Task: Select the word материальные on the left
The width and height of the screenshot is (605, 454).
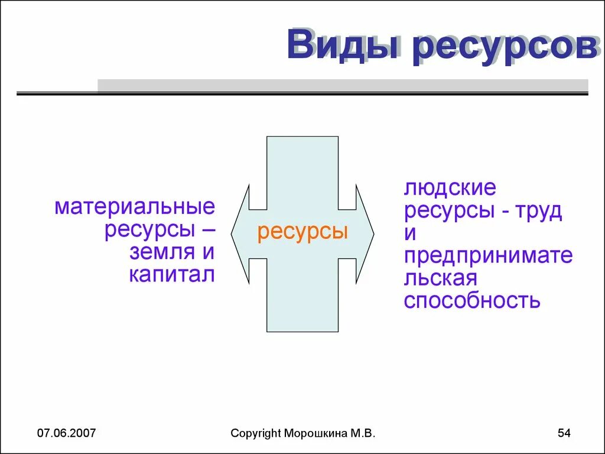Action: (x=135, y=207)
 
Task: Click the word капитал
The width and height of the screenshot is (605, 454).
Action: (x=171, y=274)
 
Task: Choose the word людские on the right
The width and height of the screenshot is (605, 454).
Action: (x=450, y=189)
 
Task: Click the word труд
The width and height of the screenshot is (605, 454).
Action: (x=539, y=211)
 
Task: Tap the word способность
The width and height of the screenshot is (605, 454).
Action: (x=472, y=300)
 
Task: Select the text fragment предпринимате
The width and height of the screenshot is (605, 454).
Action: (x=488, y=256)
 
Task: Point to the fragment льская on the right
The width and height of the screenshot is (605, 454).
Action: (x=440, y=278)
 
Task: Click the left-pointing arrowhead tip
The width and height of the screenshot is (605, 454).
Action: (x=232, y=234)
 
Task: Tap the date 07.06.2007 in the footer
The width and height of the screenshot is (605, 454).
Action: (x=66, y=434)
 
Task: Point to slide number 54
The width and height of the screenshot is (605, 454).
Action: (x=564, y=434)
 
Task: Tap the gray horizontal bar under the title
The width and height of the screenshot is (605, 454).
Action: (x=343, y=86)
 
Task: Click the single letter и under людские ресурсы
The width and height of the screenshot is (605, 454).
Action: (x=410, y=234)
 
